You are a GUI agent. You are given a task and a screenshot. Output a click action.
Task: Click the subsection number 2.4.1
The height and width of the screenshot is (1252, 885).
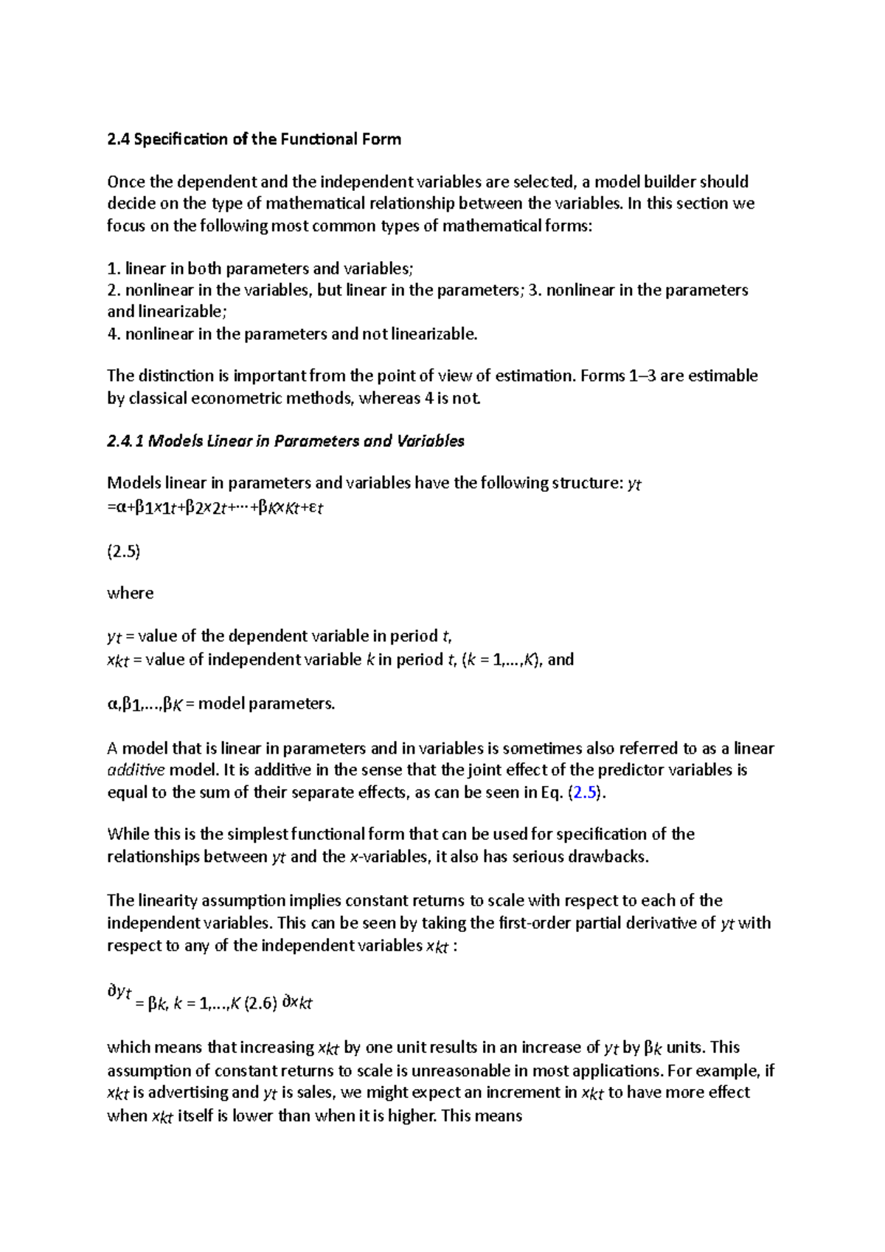pos(125,441)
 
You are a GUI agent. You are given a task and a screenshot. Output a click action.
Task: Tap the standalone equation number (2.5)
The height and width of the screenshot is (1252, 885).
pos(124,551)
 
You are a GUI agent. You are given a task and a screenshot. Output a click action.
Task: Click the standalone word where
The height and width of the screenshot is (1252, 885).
pos(131,594)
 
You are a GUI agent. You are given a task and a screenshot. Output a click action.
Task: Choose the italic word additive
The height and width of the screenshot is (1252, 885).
pos(136,771)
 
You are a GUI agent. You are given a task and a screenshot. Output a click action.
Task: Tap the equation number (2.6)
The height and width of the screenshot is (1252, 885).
pos(260,1003)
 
